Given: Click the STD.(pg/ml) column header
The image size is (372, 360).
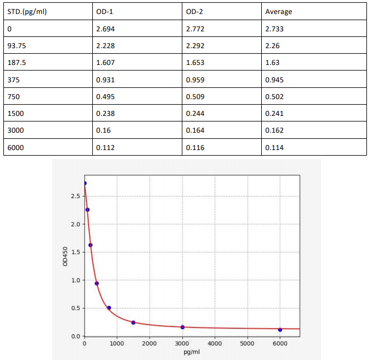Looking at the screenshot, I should click(x=27, y=12).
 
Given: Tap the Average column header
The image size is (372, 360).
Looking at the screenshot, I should click(x=279, y=12).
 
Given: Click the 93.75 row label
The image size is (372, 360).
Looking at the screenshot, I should click(x=17, y=46).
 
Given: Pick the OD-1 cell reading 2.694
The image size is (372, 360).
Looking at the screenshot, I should click(x=105, y=29).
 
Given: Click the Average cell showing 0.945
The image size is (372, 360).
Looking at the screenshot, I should click(x=274, y=80).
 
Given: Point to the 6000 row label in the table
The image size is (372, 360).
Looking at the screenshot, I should click(x=16, y=148).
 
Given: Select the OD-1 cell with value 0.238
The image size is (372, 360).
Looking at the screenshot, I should click(x=105, y=114).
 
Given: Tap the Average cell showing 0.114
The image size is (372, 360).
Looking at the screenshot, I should click(x=274, y=148).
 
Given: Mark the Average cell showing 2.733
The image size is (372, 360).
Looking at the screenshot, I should click(x=274, y=29).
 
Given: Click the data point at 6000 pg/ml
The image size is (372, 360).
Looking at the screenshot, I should click(x=280, y=330).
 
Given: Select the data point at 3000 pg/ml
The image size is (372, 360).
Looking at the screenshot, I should click(x=182, y=327).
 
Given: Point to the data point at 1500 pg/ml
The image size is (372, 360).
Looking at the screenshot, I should click(x=133, y=322).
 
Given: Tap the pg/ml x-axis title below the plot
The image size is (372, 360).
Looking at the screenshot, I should click(x=192, y=353).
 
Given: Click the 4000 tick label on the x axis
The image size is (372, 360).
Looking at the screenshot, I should click(x=215, y=343).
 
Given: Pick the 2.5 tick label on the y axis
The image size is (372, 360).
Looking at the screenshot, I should click(x=76, y=196).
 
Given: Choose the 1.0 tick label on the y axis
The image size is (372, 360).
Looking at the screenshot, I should click(x=76, y=280).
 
